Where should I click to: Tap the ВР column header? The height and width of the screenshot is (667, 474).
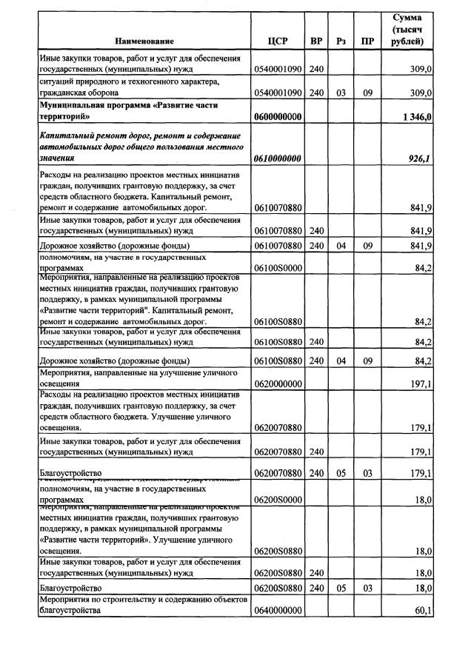point(316,41)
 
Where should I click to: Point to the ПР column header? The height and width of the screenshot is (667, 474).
point(367,41)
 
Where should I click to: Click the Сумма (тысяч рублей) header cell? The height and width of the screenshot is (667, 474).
point(407,29)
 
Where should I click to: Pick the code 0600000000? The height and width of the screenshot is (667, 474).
point(277,117)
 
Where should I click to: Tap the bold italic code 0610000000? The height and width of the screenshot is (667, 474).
point(277,158)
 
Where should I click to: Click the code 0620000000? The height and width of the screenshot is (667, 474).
point(277,384)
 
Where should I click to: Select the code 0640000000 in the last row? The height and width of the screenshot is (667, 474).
point(277,611)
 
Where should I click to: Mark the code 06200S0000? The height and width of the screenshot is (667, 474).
point(277,500)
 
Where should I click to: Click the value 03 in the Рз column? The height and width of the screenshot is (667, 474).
point(341,93)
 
